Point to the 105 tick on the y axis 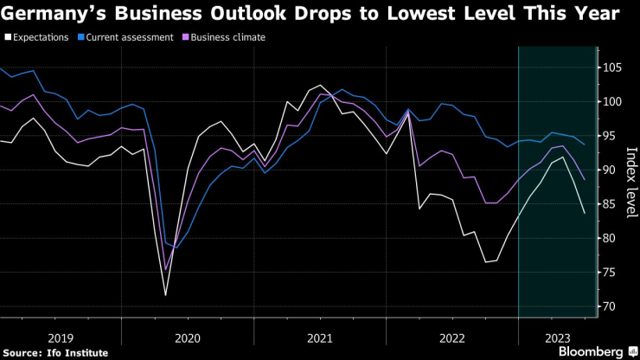[612, 67]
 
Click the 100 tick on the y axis [612, 101]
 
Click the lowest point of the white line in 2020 [165, 295]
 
